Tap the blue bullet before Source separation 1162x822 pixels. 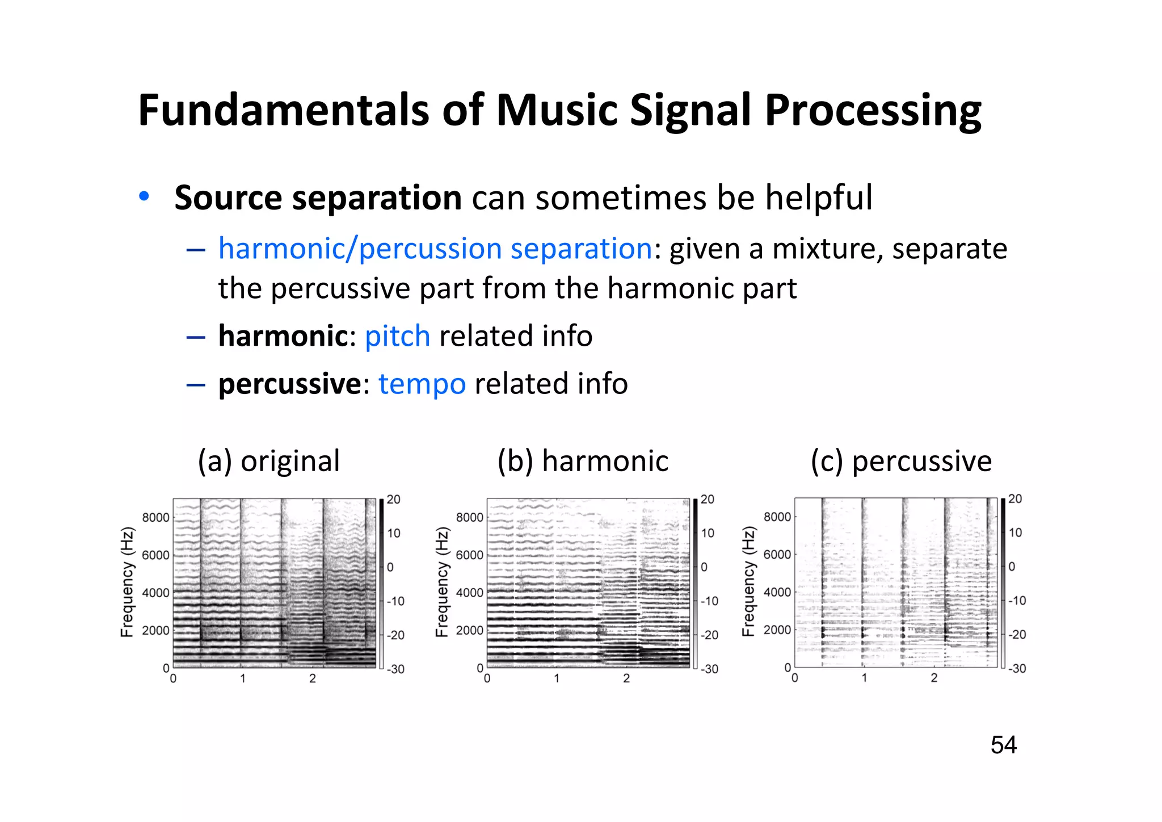(x=144, y=196)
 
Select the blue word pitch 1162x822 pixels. (x=397, y=335)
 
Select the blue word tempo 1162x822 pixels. (x=422, y=383)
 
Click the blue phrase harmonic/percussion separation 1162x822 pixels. (x=435, y=249)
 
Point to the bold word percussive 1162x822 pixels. (x=289, y=383)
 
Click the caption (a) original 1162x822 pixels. (x=268, y=460)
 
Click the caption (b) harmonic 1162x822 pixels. (x=583, y=460)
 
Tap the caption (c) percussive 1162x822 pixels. (x=900, y=460)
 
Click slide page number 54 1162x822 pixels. (x=1003, y=745)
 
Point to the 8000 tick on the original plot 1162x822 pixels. (x=155, y=517)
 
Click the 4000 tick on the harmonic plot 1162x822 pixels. (x=469, y=593)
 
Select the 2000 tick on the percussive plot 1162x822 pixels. (x=777, y=630)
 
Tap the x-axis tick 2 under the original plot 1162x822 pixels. (x=312, y=678)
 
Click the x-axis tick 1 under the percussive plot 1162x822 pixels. (x=864, y=678)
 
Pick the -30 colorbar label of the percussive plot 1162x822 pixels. (x=1017, y=668)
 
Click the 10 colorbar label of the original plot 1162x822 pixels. (x=394, y=533)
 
